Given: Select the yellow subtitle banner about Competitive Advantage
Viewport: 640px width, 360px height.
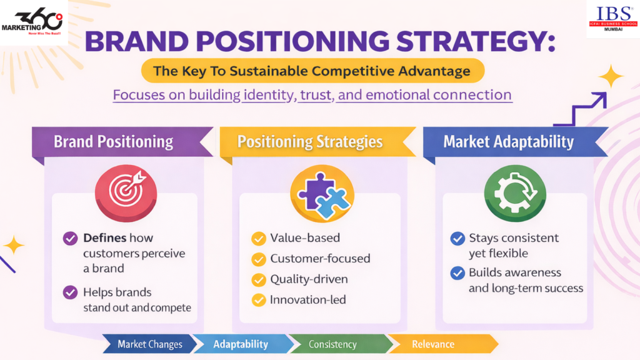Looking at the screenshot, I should tap(312, 71).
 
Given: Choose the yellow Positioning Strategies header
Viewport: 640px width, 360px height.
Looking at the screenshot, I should tap(311, 141).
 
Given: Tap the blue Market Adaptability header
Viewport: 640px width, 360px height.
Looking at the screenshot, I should tap(508, 141).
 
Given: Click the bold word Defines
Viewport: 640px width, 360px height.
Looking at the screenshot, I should tap(104, 238).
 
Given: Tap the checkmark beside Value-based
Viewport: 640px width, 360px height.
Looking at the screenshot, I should tap(258, 238).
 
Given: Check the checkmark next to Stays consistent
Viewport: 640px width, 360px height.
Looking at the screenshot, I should tap(457, 238).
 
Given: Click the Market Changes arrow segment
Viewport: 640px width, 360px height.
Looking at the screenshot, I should tap(150, 344).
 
